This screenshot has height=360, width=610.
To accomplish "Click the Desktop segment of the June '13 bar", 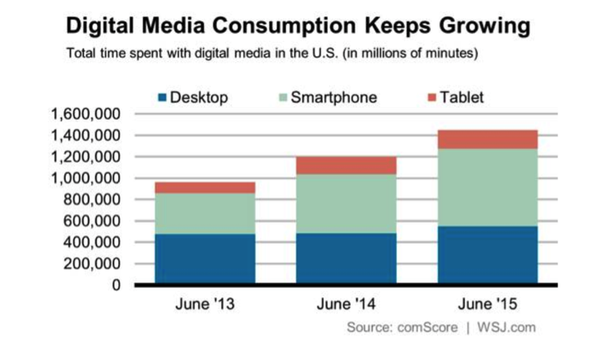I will pyautogui.click(x=205, y=259).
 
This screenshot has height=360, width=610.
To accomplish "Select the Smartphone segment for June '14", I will pyautogui.click(x=346, y=204).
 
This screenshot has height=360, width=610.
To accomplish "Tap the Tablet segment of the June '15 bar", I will pyautogui.click(x=487, y=140).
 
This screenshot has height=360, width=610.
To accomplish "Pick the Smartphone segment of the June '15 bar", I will pyautogui.click(x=487, y=187).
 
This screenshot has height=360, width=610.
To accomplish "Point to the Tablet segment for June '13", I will pyautogui.click(x=205, y=187).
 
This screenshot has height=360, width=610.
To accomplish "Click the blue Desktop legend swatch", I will pyautogui.click(x=163, y=98).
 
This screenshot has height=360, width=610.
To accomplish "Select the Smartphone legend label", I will pyautogui.click(x=333, y=98).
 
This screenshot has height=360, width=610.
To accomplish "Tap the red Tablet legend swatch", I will pyautogui.click(x=432, y=98).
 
